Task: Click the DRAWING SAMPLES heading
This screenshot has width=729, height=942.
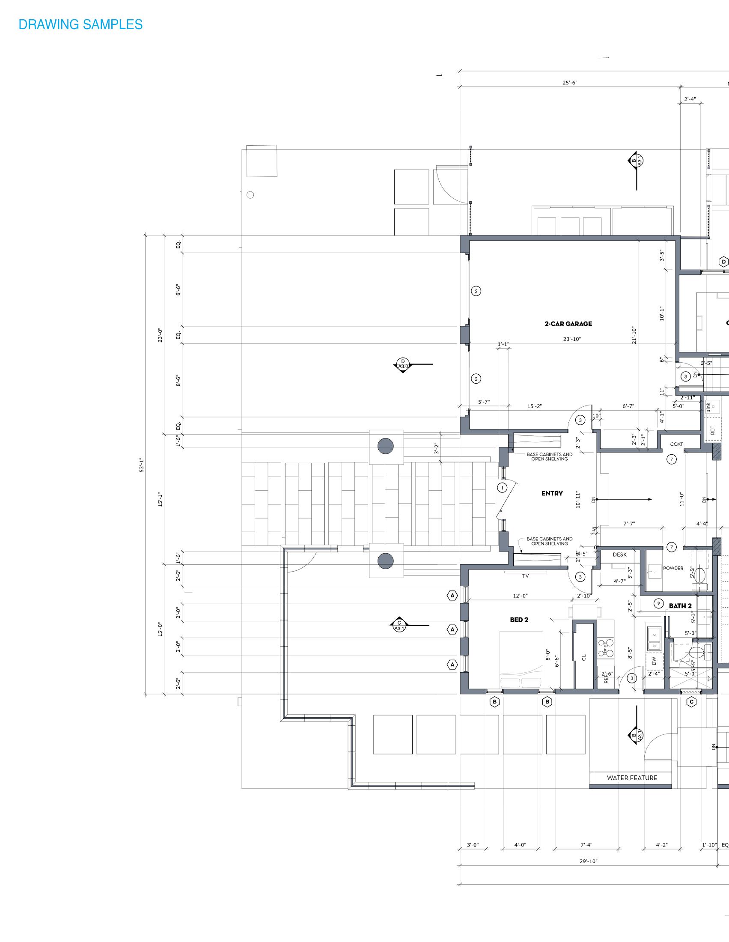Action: tap(80, 24)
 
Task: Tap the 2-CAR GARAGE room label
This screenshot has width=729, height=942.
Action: tap(568, 323)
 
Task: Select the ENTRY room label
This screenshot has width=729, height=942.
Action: tap(552, 493)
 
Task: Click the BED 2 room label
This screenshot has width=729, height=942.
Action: tap(519, 620)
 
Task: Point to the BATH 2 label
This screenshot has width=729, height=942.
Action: tap(680, 605)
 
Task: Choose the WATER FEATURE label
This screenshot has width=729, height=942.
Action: tap(632, 778)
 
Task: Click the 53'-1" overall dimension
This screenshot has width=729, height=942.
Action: tap(142, 465)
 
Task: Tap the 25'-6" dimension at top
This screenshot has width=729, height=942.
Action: tap(569, 83)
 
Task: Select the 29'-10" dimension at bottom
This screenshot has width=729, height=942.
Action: tap(588, 862)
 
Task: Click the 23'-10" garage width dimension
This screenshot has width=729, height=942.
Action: tap(571, 339)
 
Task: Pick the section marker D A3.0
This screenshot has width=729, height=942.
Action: tap(403, 364)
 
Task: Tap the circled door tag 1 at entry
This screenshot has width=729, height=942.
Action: tap(502, 488)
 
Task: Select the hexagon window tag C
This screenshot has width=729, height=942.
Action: tap(691, 702)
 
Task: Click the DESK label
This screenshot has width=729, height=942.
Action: tap(619, 554)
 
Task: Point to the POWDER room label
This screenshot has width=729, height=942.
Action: tap(673, 568)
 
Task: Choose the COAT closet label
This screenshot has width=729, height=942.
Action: tap(676, 444)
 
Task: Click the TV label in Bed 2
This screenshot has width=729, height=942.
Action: tap(525, 576)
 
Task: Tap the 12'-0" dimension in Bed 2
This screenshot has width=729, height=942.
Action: tap(520, 596)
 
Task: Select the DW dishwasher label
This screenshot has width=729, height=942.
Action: tap(654, 660)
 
